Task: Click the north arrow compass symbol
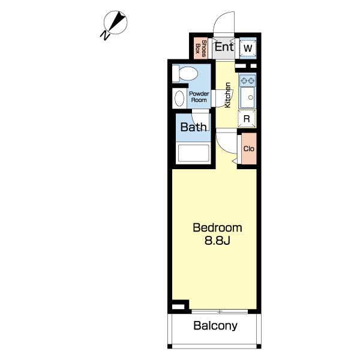coord(115,22)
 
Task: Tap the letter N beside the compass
coord(105,35)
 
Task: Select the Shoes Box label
coord(200,49)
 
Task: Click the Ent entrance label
coord(224,47)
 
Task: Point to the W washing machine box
coord(248,48)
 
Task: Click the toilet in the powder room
coord(185,73)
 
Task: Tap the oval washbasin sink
coord(179,98)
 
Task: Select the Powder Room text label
coord(199,97)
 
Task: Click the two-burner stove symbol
coord(247,80)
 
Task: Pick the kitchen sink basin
coord(247,97)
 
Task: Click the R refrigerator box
coord(247,118)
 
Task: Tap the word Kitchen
coord(228,95)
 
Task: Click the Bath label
coord(193,127)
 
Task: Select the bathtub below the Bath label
coord(194,152)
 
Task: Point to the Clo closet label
coord(249,149)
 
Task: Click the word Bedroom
coord(217,228)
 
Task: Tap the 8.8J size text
coord(217,241)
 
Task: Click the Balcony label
coord(215,325)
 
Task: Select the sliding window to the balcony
coord(220,311)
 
